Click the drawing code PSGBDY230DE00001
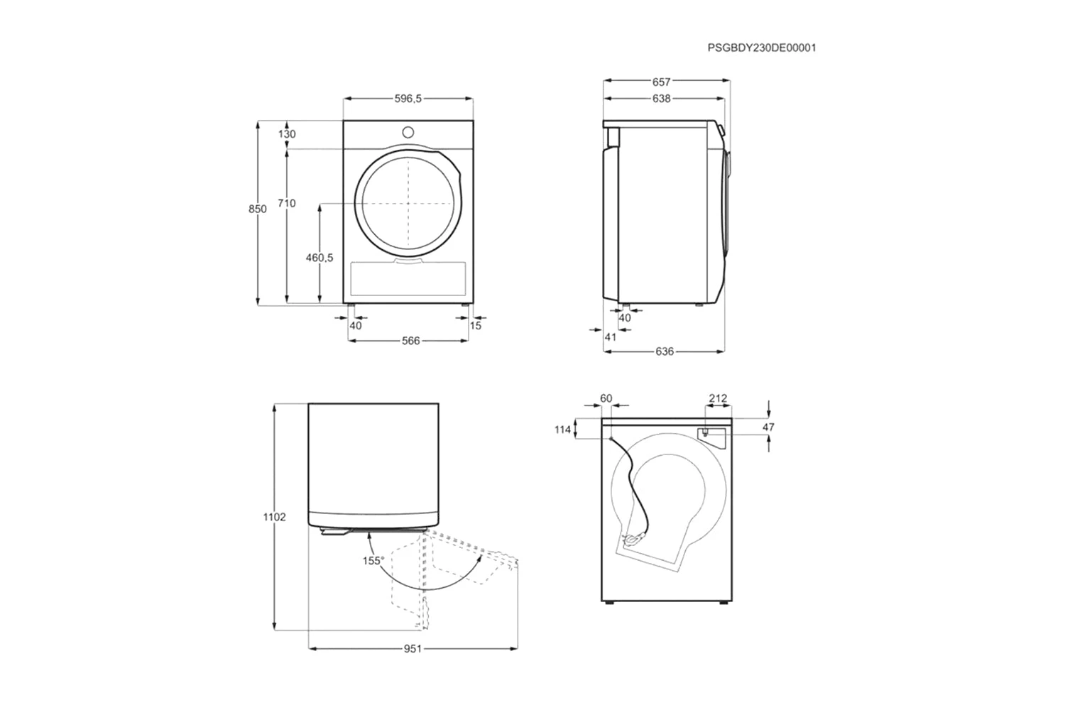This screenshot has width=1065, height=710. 762,48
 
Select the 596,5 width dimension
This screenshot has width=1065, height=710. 408,99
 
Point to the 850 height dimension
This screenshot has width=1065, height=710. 258,209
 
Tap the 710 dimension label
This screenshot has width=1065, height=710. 287,203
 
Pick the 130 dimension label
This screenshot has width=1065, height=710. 287,134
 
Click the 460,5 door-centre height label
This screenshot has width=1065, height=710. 319,258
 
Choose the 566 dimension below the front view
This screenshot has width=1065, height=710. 411,341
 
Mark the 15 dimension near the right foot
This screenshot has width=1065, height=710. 476,326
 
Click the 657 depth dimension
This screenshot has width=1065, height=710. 661,82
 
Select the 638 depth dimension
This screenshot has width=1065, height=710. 661,99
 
